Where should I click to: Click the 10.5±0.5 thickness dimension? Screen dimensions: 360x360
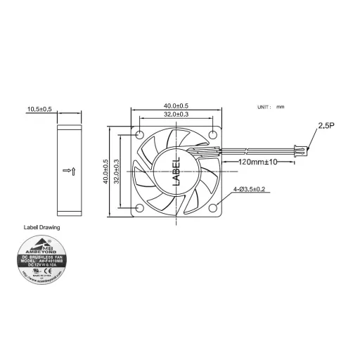pyautogui.click(x=39, y=109)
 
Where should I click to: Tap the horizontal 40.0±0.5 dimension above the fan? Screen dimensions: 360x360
pyautogui.click(x=176, y=105)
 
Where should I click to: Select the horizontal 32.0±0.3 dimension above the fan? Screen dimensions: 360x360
pyautogui.click(x=176, y=115)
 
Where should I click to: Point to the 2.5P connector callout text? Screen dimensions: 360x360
pyautogui.click(x=326, y=126)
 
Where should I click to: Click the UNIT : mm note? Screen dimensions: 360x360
pyautogui.click(x=270, y=107)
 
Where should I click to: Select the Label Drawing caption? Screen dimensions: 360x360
pyautogui.click(x=42, y=228)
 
